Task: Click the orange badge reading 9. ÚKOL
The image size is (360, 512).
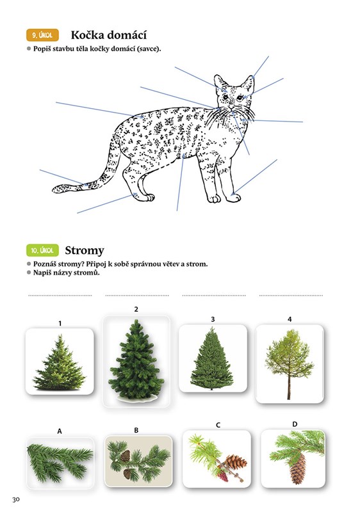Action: [x=42, y=35]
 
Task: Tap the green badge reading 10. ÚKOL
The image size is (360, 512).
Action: [x=42, y=250]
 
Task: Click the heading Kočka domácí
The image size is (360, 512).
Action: [x=109, y=35]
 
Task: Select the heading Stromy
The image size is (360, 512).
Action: [x=85, y=250]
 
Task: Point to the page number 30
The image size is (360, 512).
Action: [x=16, y=499]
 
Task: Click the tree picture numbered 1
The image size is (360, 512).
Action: [x=60, y=361]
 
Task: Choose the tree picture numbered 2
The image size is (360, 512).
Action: [x=136, y=361]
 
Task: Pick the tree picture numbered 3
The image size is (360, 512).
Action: [x=213, y=358]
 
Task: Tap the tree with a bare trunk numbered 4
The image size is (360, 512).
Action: [x=290, y=364]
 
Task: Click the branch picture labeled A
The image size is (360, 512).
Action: [x=60, y=463]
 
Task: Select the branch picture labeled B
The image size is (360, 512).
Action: [x=138, y=461]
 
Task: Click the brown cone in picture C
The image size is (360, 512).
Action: [x=235, y=461]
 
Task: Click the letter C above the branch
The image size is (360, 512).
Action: [x=218, y=425]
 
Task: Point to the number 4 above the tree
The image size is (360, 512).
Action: [x=290, y=319]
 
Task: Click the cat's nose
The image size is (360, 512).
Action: [x=231, y=107]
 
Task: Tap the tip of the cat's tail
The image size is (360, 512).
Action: [x=53, y=189]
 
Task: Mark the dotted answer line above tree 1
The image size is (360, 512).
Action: [x=60, y=296]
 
